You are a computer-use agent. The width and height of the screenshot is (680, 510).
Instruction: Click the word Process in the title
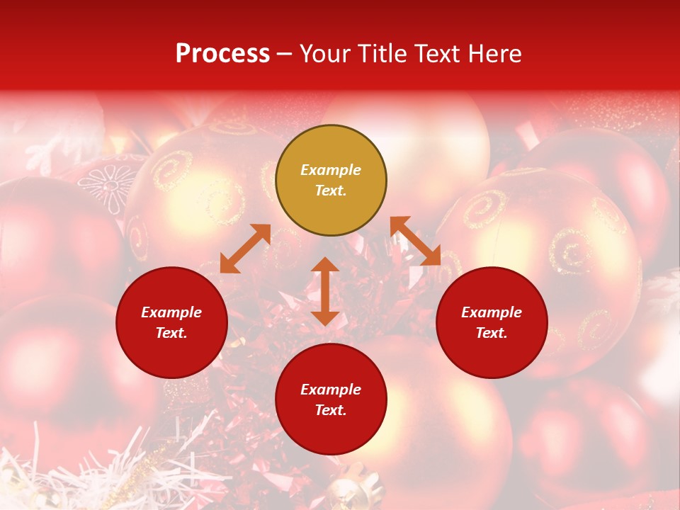[222, 54]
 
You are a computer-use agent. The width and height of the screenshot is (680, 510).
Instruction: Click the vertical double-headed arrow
[325, 291]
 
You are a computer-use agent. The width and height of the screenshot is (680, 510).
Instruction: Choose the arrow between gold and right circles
[415, 241]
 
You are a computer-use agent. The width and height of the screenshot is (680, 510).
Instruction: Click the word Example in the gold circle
[331, 170]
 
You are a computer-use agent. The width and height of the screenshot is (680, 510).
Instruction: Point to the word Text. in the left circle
[171, 333]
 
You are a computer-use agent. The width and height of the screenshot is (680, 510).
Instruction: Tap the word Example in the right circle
[492, 312]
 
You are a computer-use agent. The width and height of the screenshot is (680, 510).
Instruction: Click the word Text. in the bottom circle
[331, 410]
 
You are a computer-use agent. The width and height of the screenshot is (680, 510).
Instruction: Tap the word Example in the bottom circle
[331, 390]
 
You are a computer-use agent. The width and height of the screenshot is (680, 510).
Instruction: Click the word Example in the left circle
[171, 312]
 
